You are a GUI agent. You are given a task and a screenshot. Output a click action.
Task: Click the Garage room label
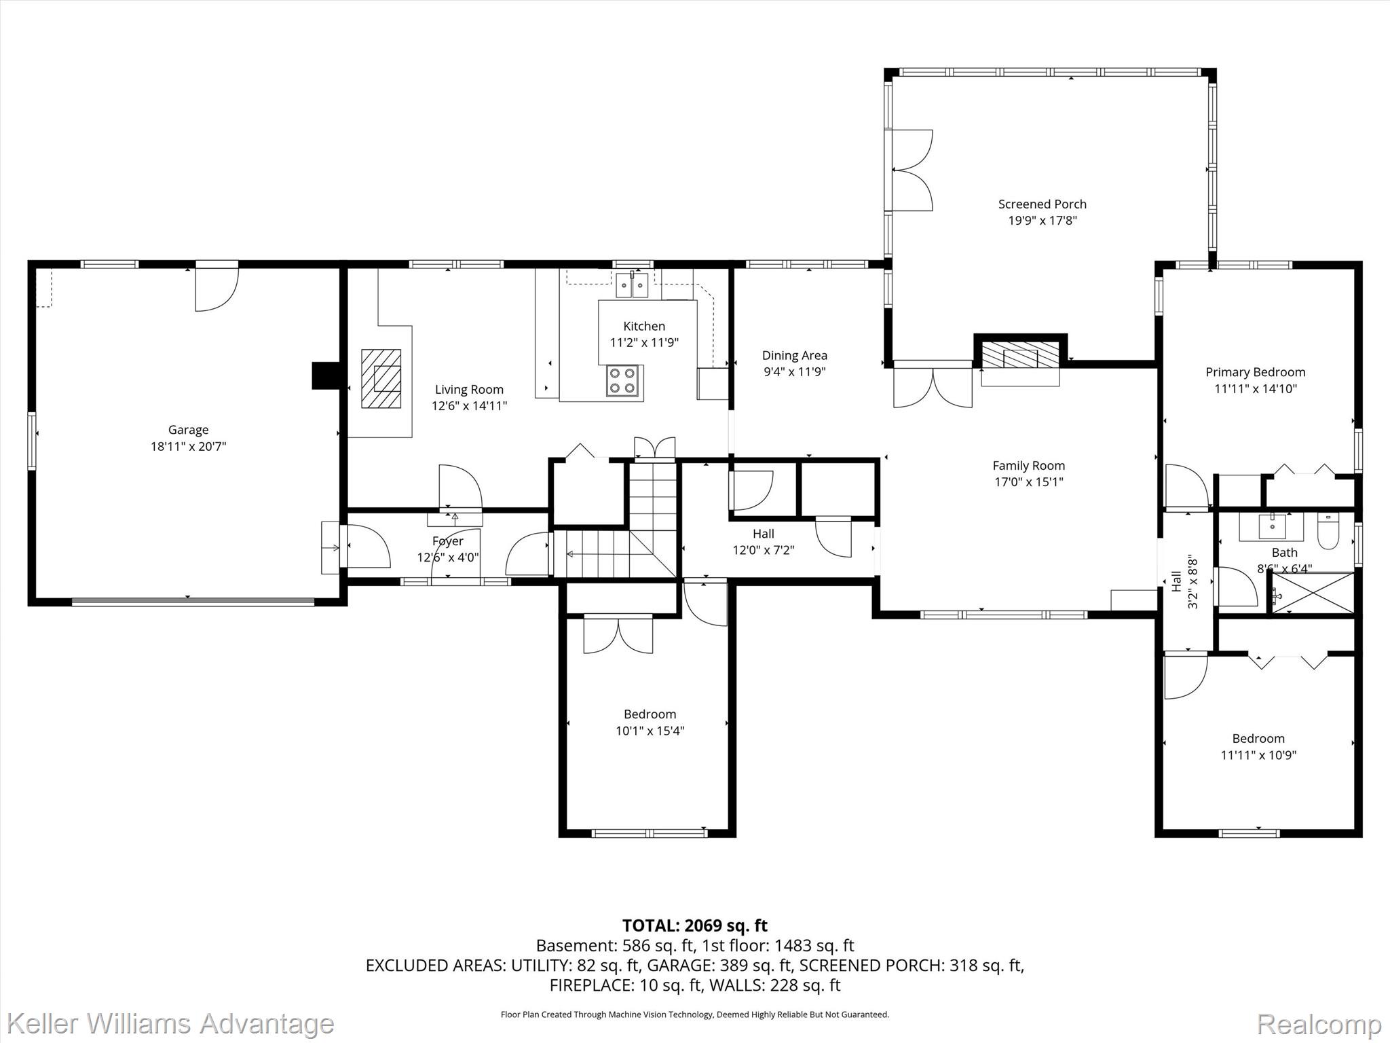coord(189,430)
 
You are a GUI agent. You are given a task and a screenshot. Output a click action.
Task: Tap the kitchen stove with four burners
coord(623,380)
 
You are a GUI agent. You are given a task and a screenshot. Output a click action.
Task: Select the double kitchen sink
coord(632,285)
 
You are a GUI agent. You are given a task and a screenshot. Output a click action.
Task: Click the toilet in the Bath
coord(1328,532)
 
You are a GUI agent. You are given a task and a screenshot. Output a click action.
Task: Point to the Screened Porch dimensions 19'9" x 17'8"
coord(1042,221)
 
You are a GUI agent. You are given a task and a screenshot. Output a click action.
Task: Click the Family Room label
coord(1029,466)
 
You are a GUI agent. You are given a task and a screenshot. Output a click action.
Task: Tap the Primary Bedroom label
coord(1256,372)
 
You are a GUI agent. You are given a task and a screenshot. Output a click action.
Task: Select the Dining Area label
coord(795,355)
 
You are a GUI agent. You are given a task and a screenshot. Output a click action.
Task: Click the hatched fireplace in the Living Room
coord(381,378)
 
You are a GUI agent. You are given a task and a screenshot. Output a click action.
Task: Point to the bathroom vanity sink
coord(1271,526)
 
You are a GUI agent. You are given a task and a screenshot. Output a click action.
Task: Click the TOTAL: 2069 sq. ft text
coord(695,926)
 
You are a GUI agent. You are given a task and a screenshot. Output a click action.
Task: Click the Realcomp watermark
coord(1319,1023)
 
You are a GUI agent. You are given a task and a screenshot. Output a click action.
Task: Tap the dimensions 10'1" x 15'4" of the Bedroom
coord(650,731)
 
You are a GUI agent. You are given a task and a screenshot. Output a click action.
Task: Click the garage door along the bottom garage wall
coord(193,600)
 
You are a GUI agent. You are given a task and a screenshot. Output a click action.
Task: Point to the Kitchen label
coord(644,326)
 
